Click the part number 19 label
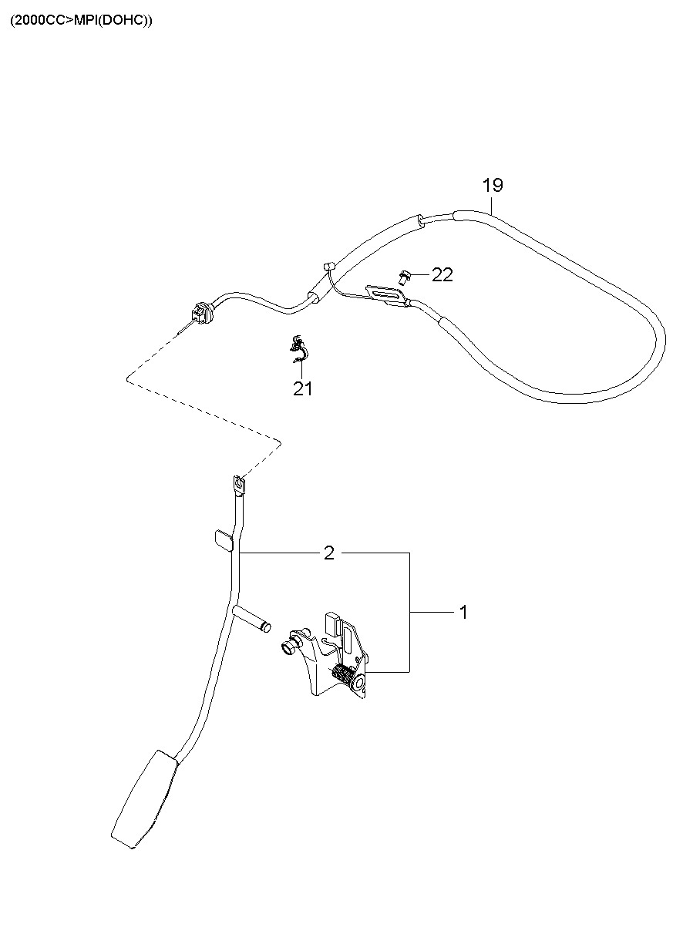coord(493,185)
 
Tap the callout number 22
coord(442,275)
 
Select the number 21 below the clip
coord(303,389)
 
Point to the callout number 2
coord(329,553)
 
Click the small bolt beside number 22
coord(403,274)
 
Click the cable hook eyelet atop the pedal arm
coord(239,485)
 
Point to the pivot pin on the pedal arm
coord(253,618)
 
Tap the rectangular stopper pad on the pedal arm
coord(222,539)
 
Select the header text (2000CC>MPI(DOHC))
coord(81,21)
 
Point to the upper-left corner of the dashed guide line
coord(126,378)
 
